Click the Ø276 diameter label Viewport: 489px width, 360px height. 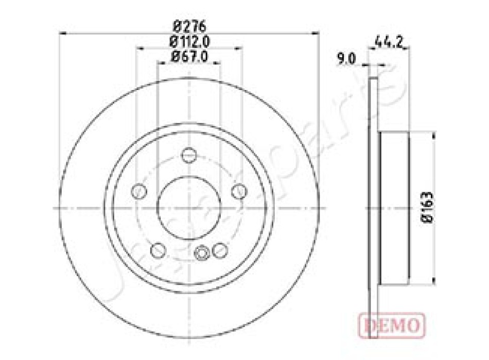click(189, 26)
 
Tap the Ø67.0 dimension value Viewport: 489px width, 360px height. click(189, 56)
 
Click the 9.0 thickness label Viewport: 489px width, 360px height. click(345, 59)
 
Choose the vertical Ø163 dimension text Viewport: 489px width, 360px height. click(427, 207)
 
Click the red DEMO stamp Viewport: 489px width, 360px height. click(392, 326)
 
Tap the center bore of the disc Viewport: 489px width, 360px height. click(189, 208)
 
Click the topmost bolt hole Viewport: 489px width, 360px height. click(189, 155)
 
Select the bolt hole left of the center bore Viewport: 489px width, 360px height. click(139, 191)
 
